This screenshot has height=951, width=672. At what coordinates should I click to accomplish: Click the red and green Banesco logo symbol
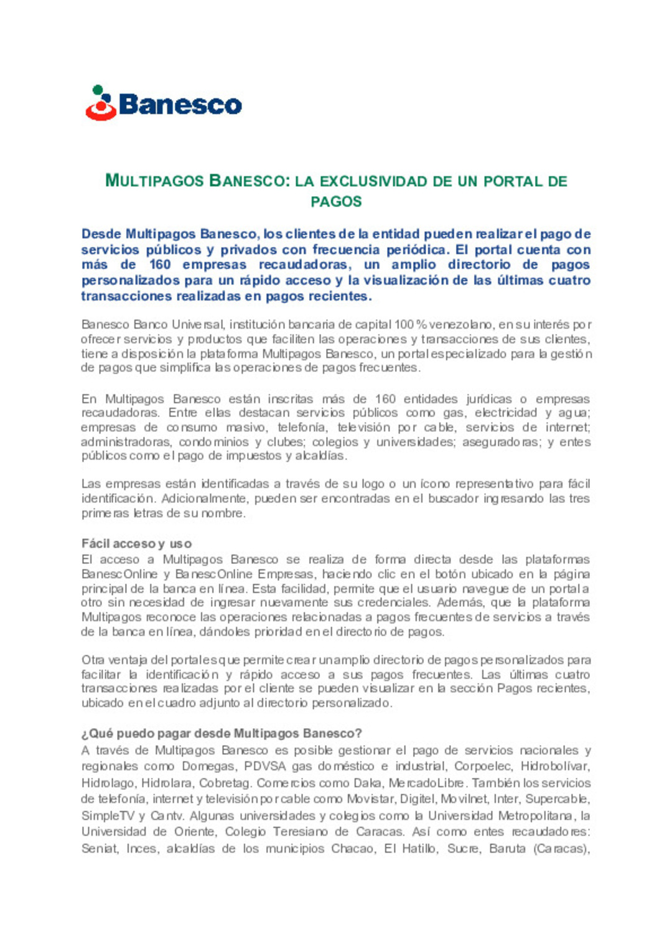point(101,103)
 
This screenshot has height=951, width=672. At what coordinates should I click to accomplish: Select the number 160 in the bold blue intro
point(160,265)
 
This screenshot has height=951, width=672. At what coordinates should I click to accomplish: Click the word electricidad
point(506,413)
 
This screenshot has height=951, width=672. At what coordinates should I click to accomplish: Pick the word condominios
point(214,442)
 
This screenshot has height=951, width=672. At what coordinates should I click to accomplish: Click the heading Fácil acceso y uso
point(136,543)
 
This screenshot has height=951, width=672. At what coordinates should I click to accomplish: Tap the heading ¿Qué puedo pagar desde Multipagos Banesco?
point(222,733)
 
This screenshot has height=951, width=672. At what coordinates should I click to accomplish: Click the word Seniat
point(100,849)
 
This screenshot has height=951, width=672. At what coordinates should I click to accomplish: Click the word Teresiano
point(301,832)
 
